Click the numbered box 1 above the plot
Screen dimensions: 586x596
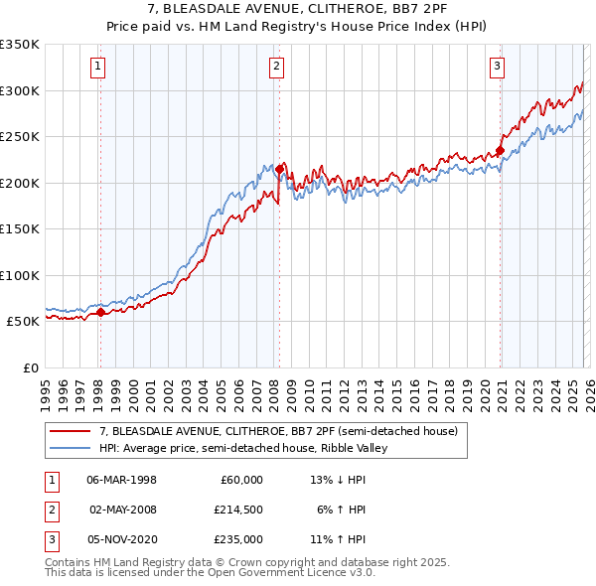99,67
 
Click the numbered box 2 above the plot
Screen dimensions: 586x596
275,67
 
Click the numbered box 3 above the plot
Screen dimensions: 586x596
497,67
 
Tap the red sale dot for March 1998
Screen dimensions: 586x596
100,313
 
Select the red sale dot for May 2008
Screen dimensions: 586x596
279,169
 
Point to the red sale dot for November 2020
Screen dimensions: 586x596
501,151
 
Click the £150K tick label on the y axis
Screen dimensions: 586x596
20,228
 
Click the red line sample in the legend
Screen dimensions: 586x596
72,432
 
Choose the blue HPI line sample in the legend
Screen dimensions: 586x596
72,448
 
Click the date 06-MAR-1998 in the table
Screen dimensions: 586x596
121,480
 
